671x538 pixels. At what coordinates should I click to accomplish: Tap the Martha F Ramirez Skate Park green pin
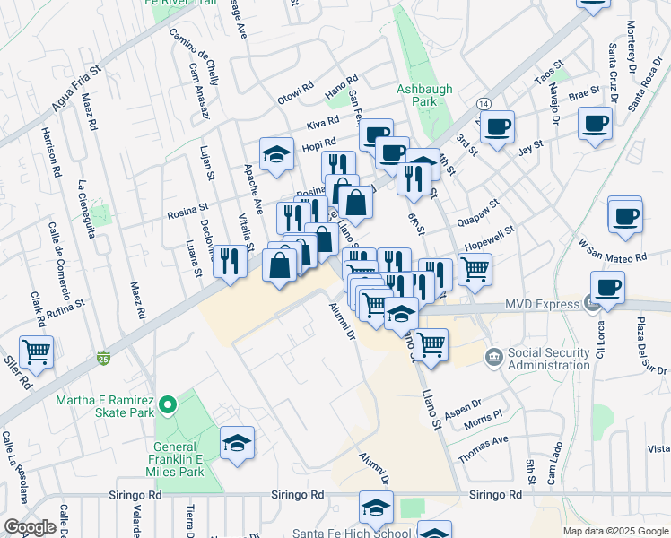[x=167, y=407]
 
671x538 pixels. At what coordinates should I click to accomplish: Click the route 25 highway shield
[x=104, y=358]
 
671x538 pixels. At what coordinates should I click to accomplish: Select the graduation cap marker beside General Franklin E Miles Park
[x=237, y=443]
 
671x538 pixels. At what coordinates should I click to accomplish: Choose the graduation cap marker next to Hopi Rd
[x=277, y=154]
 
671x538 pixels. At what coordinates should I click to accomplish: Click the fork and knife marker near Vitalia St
[x=231, y=261]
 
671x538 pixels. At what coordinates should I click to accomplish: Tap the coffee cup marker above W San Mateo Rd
[x=624, y=215]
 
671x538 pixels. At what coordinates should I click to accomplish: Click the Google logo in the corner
[x=30, y=527]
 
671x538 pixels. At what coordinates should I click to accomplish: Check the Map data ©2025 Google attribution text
[x=614, y=531]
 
